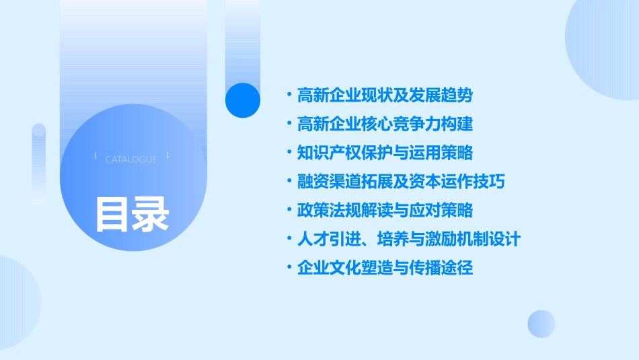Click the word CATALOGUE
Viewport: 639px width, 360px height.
131,159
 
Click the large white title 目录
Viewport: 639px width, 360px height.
132,214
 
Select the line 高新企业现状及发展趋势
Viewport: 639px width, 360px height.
385,96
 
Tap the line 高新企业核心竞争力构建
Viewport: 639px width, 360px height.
385,124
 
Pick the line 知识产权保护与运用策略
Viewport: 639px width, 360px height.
385,153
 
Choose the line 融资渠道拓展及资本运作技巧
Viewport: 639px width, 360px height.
401,182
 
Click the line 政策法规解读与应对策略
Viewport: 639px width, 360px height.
385,211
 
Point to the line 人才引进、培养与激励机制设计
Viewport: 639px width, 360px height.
409,239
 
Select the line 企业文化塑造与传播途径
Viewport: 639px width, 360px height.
385,268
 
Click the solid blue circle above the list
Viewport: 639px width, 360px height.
243,100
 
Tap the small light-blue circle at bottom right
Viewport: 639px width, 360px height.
541,324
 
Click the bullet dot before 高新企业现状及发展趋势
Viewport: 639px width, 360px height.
289,96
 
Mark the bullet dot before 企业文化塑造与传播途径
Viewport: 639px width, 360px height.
289,268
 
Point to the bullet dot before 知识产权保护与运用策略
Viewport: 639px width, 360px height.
289,153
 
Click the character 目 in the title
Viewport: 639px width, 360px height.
112,214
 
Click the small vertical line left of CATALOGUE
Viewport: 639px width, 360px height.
96,159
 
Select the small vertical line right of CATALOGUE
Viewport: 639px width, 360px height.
167,159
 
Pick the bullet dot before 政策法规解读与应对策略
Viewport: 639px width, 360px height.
289,211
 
